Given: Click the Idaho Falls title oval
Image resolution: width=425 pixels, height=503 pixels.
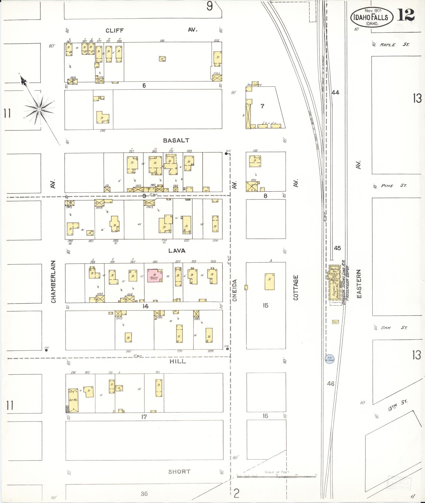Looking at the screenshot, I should [x=372, y=17].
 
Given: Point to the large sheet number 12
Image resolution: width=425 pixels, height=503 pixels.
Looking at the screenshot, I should [x=406, y=15].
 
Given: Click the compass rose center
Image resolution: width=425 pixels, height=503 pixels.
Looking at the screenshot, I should [x=39, y=109].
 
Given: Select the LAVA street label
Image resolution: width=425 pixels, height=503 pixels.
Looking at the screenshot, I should [x=177, y=251].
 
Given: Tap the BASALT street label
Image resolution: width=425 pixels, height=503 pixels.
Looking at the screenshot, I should [x=176, y=140].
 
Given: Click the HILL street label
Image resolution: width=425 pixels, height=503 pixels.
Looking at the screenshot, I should [x=177, y=361].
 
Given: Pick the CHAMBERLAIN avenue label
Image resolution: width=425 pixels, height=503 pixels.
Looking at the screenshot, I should [x=53, y=282].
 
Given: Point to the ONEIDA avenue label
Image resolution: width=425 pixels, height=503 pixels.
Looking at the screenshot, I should [x=235, y=290].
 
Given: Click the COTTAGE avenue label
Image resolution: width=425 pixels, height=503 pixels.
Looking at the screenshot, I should [x=296, y=288].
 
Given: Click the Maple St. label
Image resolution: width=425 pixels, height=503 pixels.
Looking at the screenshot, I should [x=394, y=45].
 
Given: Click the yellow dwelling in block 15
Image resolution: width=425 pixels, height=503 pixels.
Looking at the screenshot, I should [x=270, y=282].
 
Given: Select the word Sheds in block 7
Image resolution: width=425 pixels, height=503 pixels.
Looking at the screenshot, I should [x=269, y=123].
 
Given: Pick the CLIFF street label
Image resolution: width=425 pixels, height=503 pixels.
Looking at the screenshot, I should [x=115, y=31].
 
